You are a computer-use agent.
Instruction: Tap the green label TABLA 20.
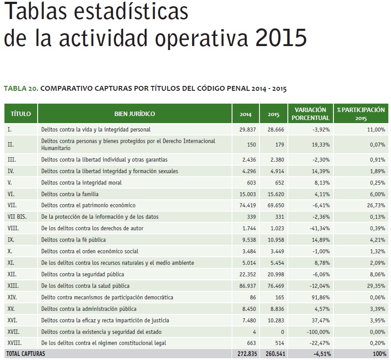pos(21,89)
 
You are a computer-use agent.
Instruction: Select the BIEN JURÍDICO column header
pos(135,114)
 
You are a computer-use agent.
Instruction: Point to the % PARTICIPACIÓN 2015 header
pos(360,114)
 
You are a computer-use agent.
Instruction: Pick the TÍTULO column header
pos(21,114)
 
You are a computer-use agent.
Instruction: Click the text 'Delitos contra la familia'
pos(70,194)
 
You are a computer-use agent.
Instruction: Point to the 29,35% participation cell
pos(375,286)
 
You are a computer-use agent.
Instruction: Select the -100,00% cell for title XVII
pos(317,332)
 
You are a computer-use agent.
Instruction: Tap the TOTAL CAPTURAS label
pos(25,354)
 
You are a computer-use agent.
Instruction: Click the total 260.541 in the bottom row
pos(274,354)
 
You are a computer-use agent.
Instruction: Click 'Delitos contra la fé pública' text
pos(73,240)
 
